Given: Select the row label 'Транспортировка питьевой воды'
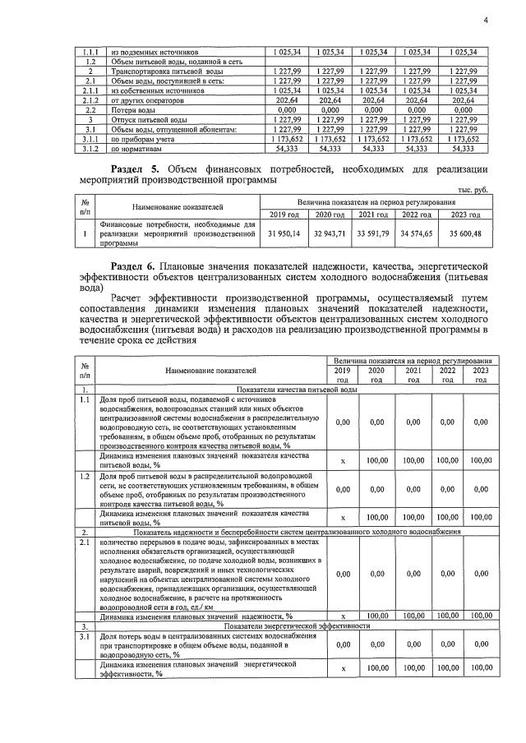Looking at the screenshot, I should tap(164, 72).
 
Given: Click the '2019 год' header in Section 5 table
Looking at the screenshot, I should tap(284, 215).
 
